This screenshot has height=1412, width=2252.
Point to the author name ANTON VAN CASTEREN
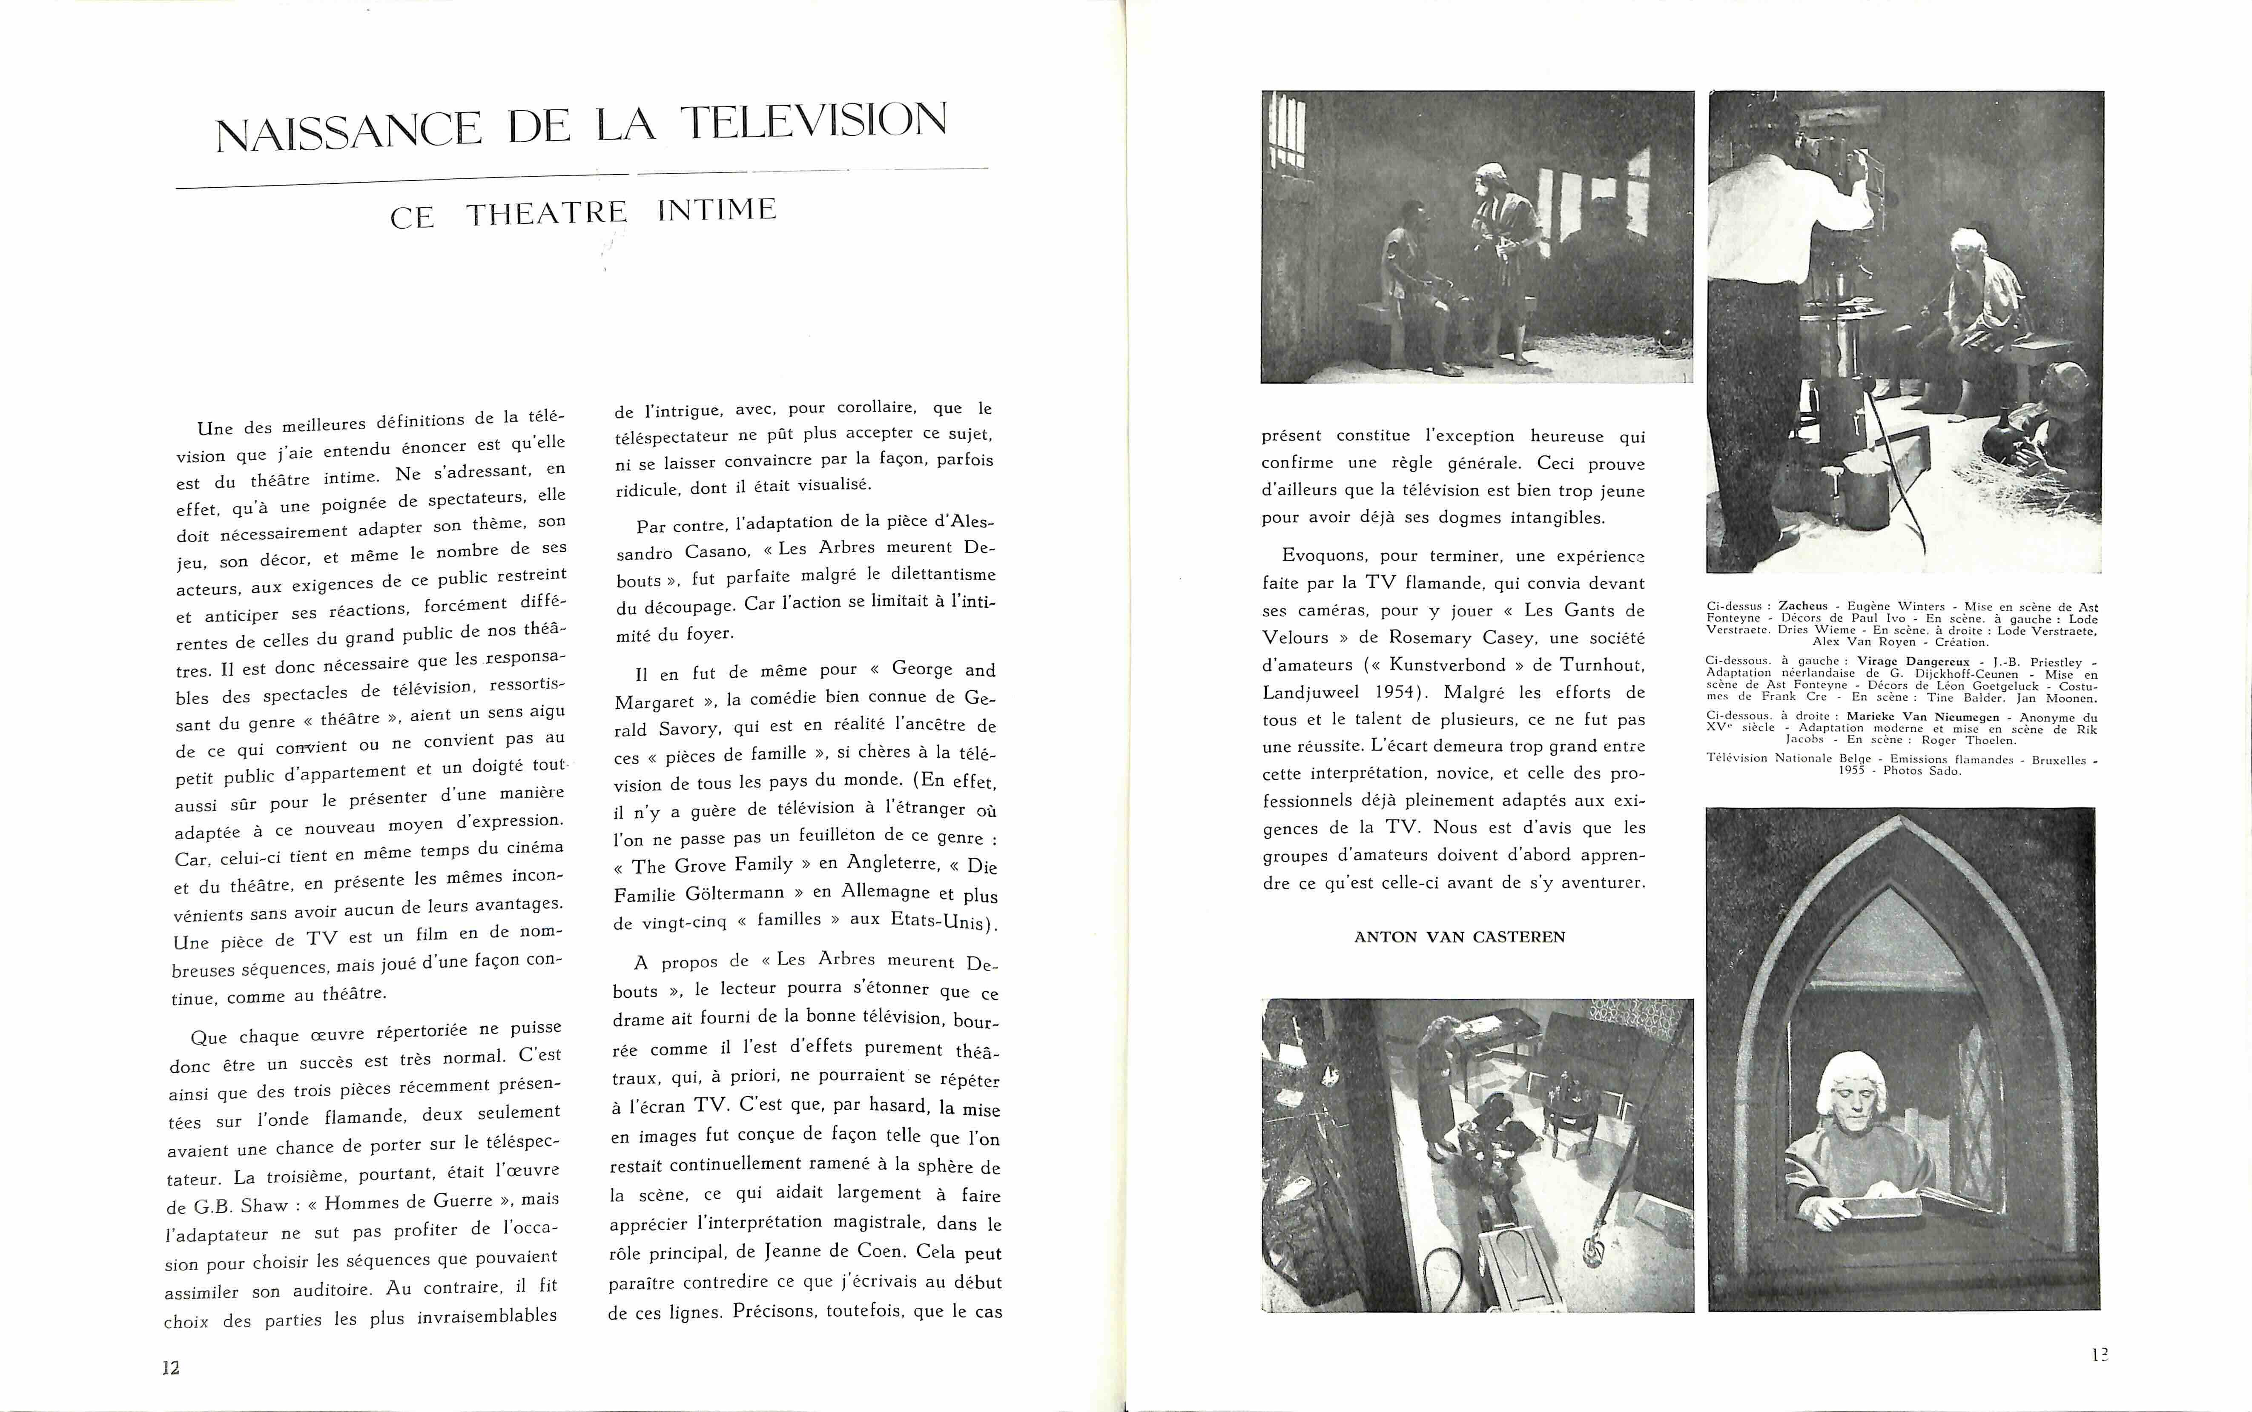point(1459,937)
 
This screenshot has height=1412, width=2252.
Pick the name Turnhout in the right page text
point(1598,665)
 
